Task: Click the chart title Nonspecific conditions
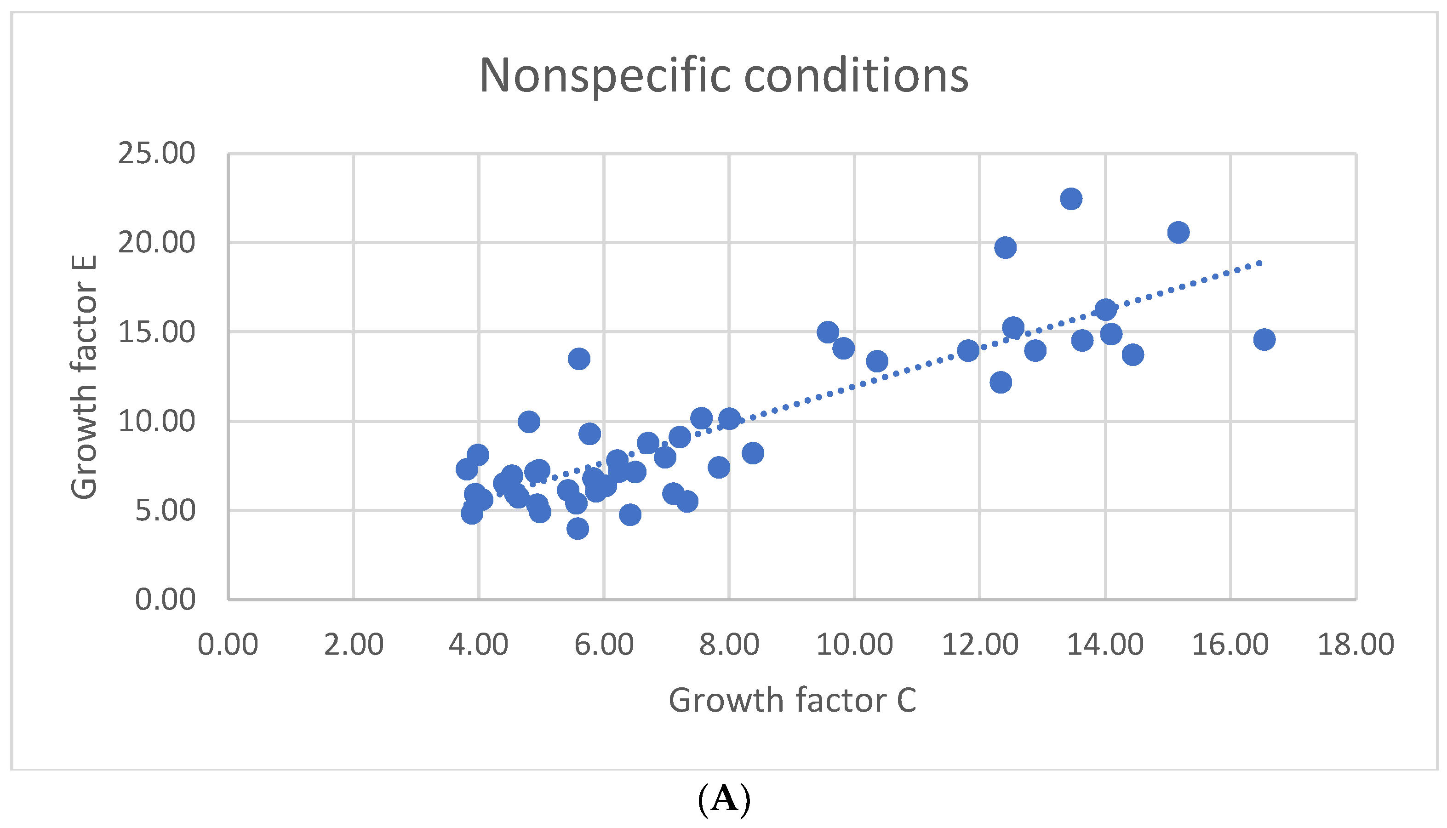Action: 723,76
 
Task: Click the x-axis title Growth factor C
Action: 792,700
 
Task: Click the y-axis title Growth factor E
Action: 84,377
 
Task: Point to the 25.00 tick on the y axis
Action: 156,154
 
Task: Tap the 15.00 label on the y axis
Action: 156,332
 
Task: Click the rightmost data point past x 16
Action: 1264,339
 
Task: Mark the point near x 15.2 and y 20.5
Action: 1178,233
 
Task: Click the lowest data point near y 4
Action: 578,529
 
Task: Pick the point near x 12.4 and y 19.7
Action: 1005,247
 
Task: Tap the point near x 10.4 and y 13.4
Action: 877,361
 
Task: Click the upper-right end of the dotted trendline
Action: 1260,263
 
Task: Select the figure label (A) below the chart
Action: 723,799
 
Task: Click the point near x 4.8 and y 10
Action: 529,422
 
